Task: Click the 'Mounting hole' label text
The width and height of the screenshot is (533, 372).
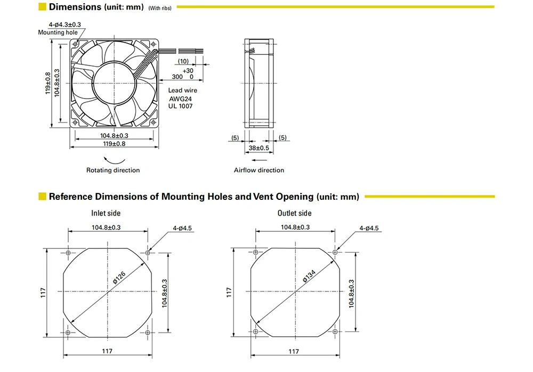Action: (58, 33)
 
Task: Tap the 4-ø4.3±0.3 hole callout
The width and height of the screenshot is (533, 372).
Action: (64, 25)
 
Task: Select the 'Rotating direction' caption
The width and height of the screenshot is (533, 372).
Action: (113, 171)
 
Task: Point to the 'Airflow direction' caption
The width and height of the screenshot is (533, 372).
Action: (259, 171)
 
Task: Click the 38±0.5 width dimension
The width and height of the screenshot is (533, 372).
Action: (259, 148)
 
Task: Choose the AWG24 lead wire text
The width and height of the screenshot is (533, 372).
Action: (180, 99)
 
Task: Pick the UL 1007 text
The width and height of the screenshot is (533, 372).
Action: (180, 106)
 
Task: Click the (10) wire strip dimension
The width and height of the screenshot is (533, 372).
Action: (183, 62)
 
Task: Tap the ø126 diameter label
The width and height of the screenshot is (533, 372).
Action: (119, 276)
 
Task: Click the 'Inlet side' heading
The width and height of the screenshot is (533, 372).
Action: (106, 214)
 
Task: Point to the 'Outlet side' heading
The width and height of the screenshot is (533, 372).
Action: (294, 214)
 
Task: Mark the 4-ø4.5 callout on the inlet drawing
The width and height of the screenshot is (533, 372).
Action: (182, 229)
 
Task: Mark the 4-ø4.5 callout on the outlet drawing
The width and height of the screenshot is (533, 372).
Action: (369, 229)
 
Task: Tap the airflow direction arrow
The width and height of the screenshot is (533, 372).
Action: (259, 160)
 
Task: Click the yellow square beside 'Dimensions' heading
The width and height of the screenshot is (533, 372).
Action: (42, 7)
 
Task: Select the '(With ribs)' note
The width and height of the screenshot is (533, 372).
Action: (160, 8)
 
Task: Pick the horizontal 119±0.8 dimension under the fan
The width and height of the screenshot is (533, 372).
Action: (114, 144)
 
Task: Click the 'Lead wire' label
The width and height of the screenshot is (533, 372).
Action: (183, 91)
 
